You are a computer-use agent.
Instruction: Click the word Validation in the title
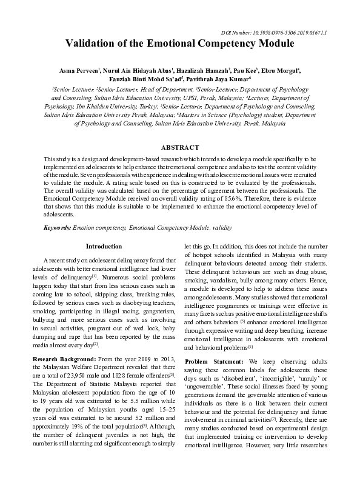tap(95, 44)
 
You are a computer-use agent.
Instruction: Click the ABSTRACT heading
tap(179, 147)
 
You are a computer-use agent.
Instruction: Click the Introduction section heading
tap(104, 247)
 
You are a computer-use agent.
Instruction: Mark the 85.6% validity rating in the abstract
tap(247, 198)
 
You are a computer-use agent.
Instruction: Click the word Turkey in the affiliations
tap(147, 105)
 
